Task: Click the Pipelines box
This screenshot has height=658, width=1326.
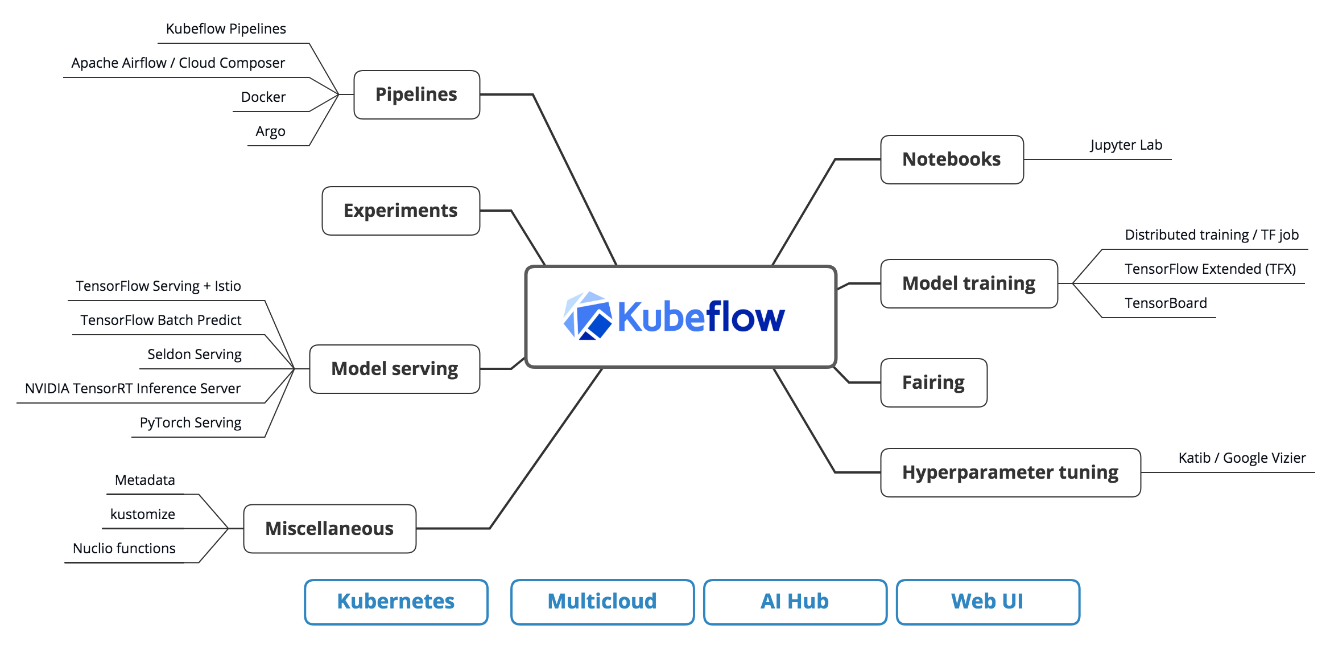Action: [x=416, y=94]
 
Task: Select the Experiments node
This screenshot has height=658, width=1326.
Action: [x=400, y=211]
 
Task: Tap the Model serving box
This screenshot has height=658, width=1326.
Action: [x=394, y=369]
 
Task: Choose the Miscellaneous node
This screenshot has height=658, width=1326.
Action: [x=329, y=528]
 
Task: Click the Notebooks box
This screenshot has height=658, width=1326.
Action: [x=952, y=159]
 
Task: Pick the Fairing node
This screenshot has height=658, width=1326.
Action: [x=933, y=383]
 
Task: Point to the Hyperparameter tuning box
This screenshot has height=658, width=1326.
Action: [x=1010, y=472]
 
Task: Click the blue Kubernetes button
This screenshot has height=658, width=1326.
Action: [x=396, y=602]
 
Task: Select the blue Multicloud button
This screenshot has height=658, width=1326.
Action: [x=602, y=602]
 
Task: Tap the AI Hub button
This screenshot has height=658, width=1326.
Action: [x=795, y=602]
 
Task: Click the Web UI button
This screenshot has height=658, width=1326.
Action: [x=988, y=602]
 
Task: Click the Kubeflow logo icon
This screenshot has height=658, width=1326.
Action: [x=587, y=316]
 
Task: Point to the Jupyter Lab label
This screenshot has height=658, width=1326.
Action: [x=1126, y=145]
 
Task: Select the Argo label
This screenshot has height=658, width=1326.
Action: [x=270, y=131]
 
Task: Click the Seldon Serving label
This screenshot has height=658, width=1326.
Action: [x=195, y=355]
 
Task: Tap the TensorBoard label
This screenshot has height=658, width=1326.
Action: [x=1166, y=303]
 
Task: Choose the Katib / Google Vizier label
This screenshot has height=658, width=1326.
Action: [x=1242, y=458]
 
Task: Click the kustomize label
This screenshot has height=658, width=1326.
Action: [x=143, y=515]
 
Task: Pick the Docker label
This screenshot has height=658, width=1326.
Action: [x=263, y=97]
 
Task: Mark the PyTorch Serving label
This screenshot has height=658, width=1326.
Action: [x=191, y=423]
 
